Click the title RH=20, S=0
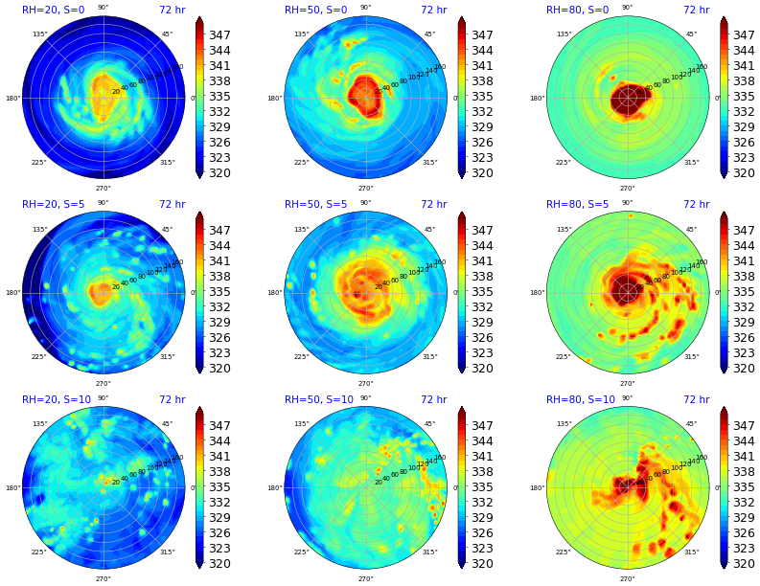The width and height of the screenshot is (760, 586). [53, 11]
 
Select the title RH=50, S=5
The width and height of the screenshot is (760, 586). [315, 205]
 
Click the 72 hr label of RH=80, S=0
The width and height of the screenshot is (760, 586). [696, 11]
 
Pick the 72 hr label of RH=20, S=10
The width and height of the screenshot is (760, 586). [172, 400]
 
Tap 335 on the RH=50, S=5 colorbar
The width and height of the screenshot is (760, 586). [482, 292]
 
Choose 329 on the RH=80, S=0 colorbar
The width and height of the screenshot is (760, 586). [744, 127]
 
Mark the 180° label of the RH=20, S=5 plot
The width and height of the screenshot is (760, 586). [13, 293]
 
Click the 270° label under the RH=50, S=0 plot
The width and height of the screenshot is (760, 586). [365, 189]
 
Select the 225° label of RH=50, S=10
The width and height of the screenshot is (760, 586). [301, 552]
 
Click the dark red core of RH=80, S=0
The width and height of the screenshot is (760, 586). [628, 98]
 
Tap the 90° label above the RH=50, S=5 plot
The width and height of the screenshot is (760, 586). [365, 202]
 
